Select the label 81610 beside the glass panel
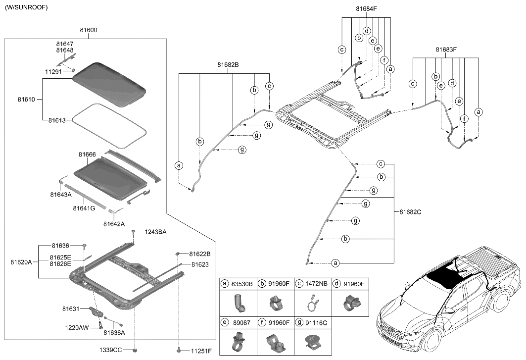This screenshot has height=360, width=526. [x=27, y=100]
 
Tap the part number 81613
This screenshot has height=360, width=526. [x=58, y=120]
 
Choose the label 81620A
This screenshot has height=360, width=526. [x=21, y=261]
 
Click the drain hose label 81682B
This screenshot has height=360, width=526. [x=228, y=65]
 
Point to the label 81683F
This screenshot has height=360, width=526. [x=446, y=50]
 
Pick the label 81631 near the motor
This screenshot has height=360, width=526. [x=71, y=309]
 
